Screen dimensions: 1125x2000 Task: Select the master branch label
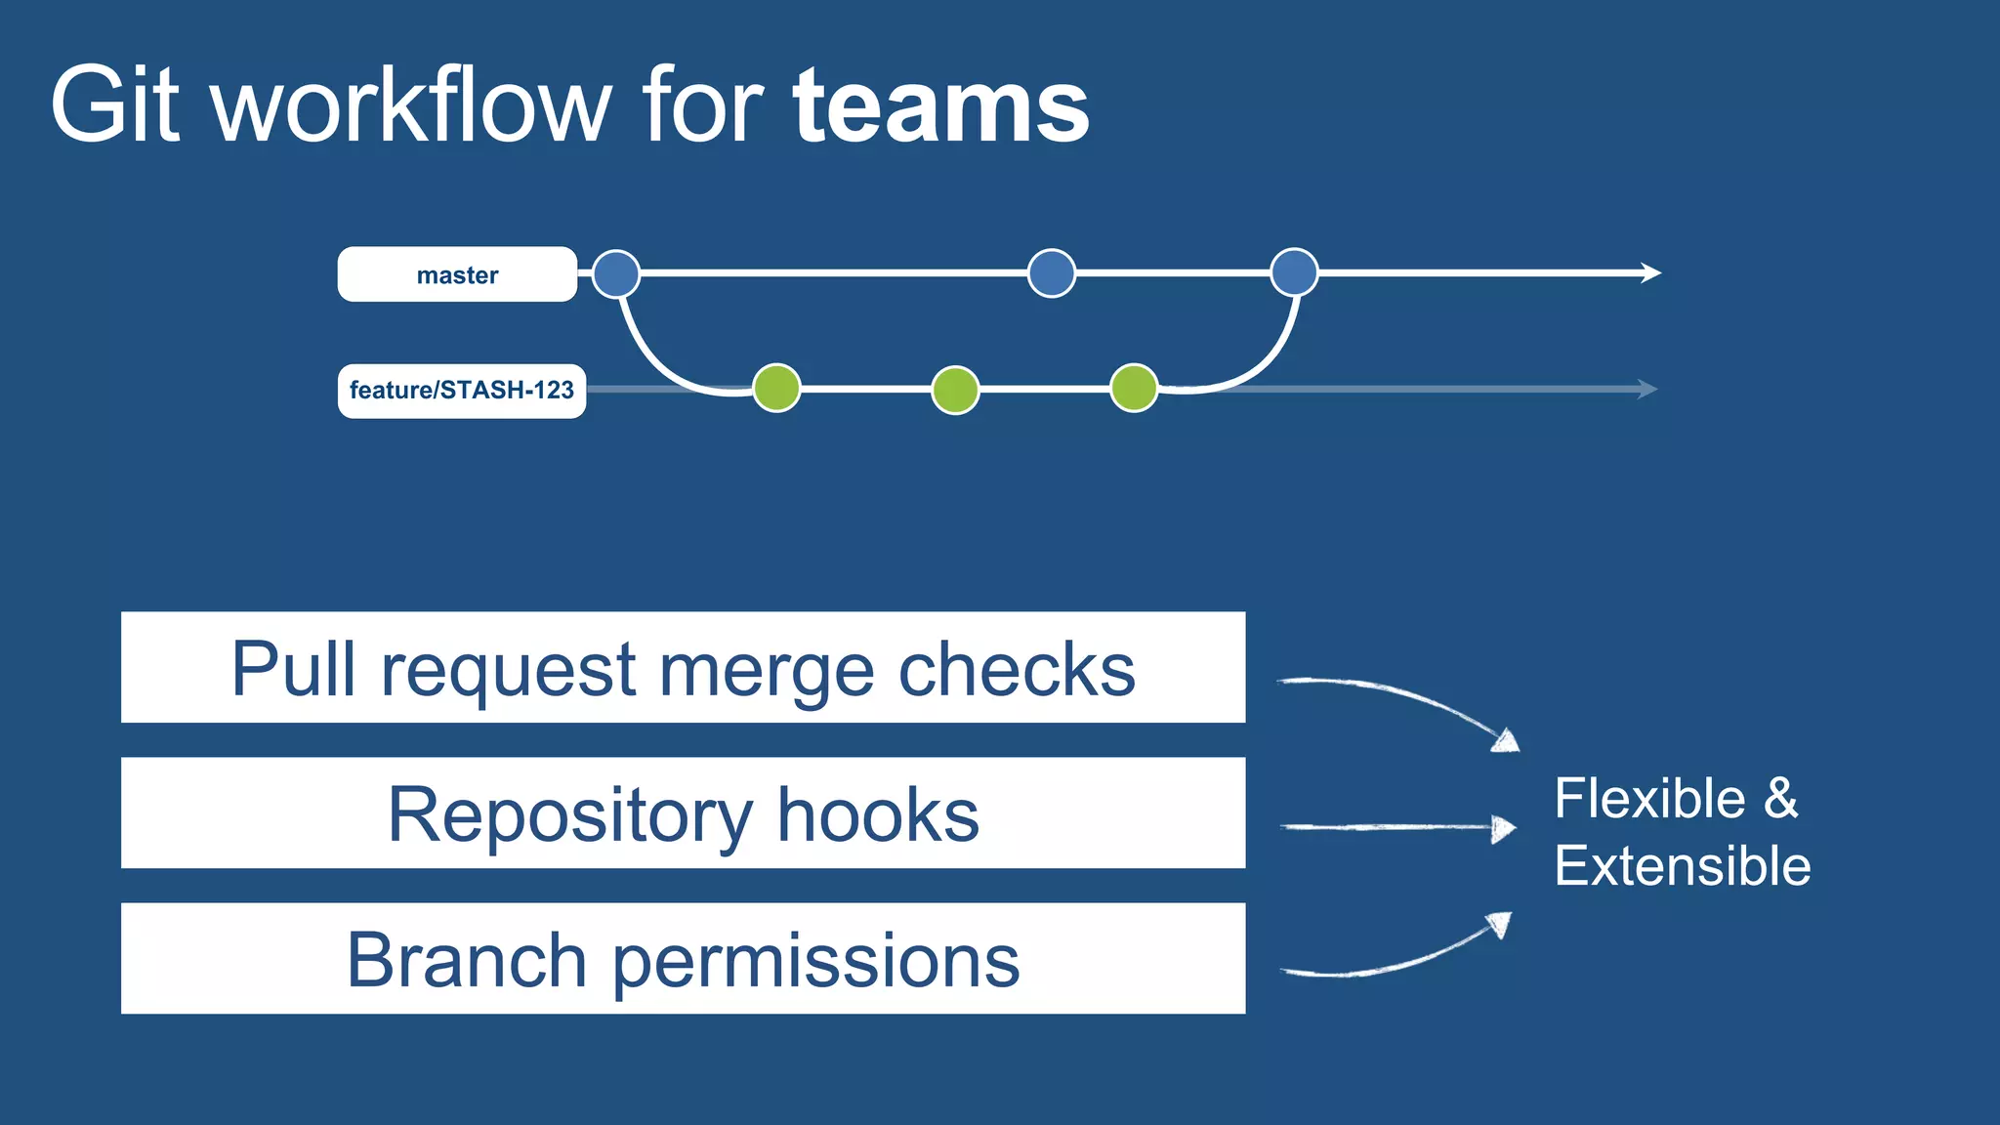(457, 274)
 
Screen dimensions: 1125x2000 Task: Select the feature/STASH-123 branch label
(461, 391)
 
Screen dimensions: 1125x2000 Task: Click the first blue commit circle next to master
(616, 273)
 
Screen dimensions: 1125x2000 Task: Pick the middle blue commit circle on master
(1052, 273)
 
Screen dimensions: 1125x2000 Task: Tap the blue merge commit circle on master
(1294, 272)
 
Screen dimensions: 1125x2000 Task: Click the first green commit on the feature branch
(777, 389)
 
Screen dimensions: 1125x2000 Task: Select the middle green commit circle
(955, 390)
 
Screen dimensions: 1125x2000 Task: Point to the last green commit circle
(1134, 389)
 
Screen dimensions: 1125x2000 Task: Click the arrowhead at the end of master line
(1650, 272)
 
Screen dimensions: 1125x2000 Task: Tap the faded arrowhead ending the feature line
(1647, 389)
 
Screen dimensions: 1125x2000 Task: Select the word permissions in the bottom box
(815, 960)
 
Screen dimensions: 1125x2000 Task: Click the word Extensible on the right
(1682, 865)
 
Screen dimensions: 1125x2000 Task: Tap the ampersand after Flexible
(1780, 798)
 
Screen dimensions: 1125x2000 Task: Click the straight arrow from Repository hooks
(1396, 828)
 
